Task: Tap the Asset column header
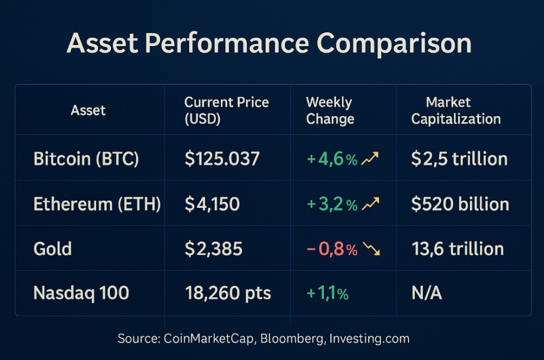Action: [x=88, y=110]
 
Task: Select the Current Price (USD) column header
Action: [x=226, y=111]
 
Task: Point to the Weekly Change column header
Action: [x=330, y=111]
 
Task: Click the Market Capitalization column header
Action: [x=456, y=111]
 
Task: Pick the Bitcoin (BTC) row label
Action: [x=86, y=159]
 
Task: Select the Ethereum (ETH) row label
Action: [x=97, y=204]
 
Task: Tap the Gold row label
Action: [x=53, y=248]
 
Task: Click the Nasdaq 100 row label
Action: [x=81, y=293]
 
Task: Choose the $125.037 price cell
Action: [x=222, y=159]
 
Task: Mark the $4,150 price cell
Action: [x=212, y=204]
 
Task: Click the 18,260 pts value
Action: [x=228, y=293]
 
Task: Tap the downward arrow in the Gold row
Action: [x=371, y=249]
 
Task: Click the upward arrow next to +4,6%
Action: [x=370, y=159]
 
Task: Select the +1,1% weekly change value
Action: [x=328, y=293]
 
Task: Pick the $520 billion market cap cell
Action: [x=460, y=204]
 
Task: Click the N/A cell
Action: [x=426, y=293]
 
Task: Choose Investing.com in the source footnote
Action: [x=369, y=338]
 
